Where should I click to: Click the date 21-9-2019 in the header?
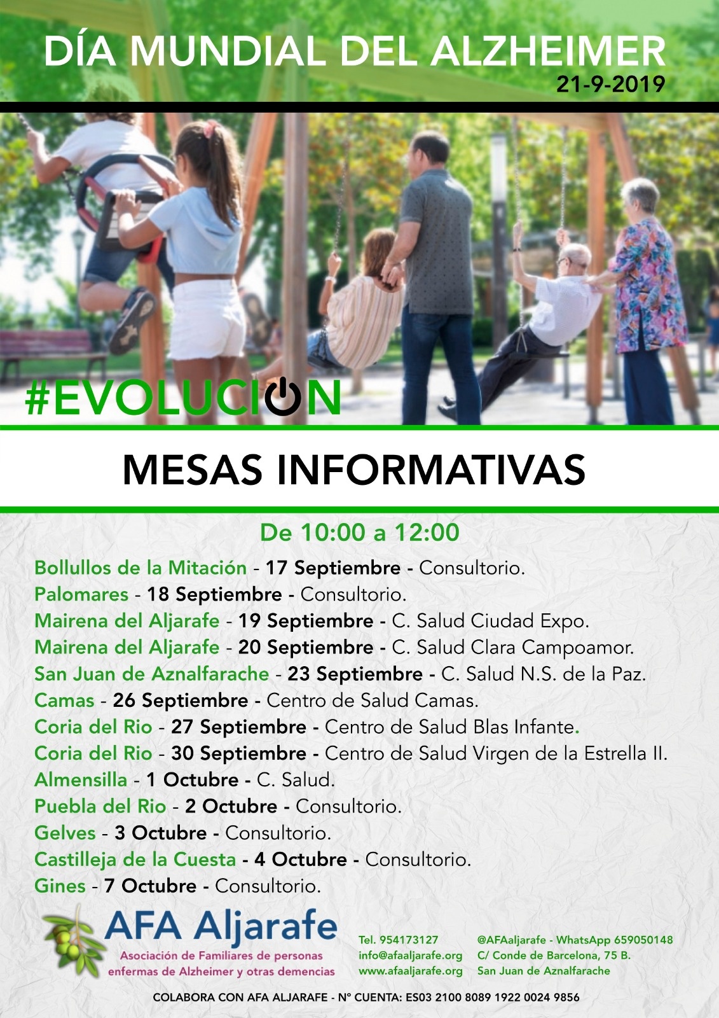tap(611, 84)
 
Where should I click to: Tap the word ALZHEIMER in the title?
tap(548, 52)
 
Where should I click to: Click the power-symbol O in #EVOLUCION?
tap(282, 395)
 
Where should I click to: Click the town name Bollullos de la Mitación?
tap(140, 568)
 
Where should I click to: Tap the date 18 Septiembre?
tap(214, 594)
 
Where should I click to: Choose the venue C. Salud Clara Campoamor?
tap(512, 648)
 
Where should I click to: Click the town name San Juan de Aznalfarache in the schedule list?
tap(152, 674)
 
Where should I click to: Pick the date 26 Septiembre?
tap(181, 701)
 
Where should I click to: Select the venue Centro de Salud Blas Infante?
tap(449, 727)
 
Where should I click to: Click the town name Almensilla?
tap(81, 780)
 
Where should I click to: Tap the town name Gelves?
tap(65, 833)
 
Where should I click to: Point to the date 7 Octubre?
tap(150, 886)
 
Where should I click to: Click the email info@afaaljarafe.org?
tap(411, 955)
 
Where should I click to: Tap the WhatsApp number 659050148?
tap(643, 940)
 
